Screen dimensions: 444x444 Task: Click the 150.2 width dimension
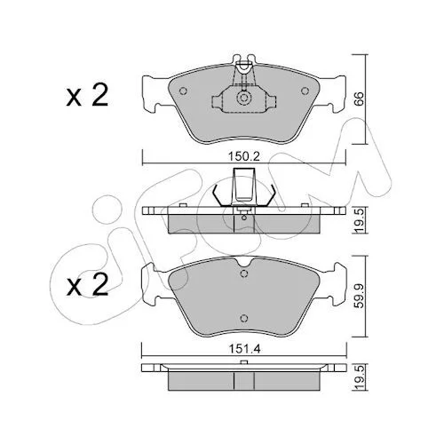pyautogui.click(x=244, y=156)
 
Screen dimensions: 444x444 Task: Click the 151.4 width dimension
pyautogui.click(x=244, y=349)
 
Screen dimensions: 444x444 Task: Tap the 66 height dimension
pyautogui.click(x=359, y=99)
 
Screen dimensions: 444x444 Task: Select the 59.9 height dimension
pyautogui.click(x=359, y=296)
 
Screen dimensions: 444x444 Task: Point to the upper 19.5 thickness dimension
pyautogui.click(x=359, y=220)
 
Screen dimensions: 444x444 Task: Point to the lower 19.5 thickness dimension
pyautogui.click(x=359, y=377)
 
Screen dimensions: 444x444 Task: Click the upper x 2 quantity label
pyautogui.click(x=87, y=95)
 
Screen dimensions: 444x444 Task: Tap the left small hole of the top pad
pyautogui.click(x=183, y=91)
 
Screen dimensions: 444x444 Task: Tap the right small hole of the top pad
pyautogui.click(x=305, y=91)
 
